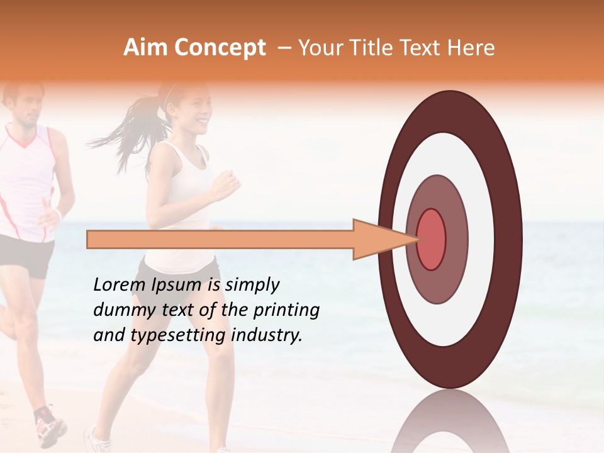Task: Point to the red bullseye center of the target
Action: [431, 239]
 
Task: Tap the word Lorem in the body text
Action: [118, 285]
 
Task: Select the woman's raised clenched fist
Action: [225, 184]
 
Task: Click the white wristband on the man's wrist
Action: [58, 215]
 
